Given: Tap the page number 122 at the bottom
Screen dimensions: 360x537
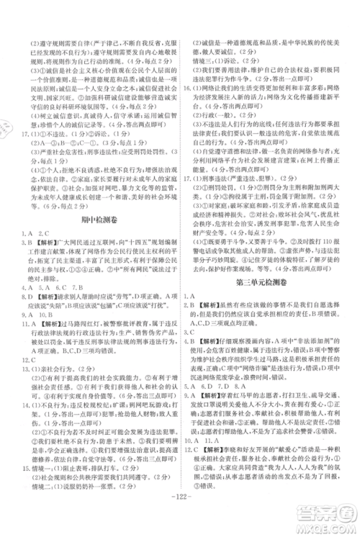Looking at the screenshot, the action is [179, 518].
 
